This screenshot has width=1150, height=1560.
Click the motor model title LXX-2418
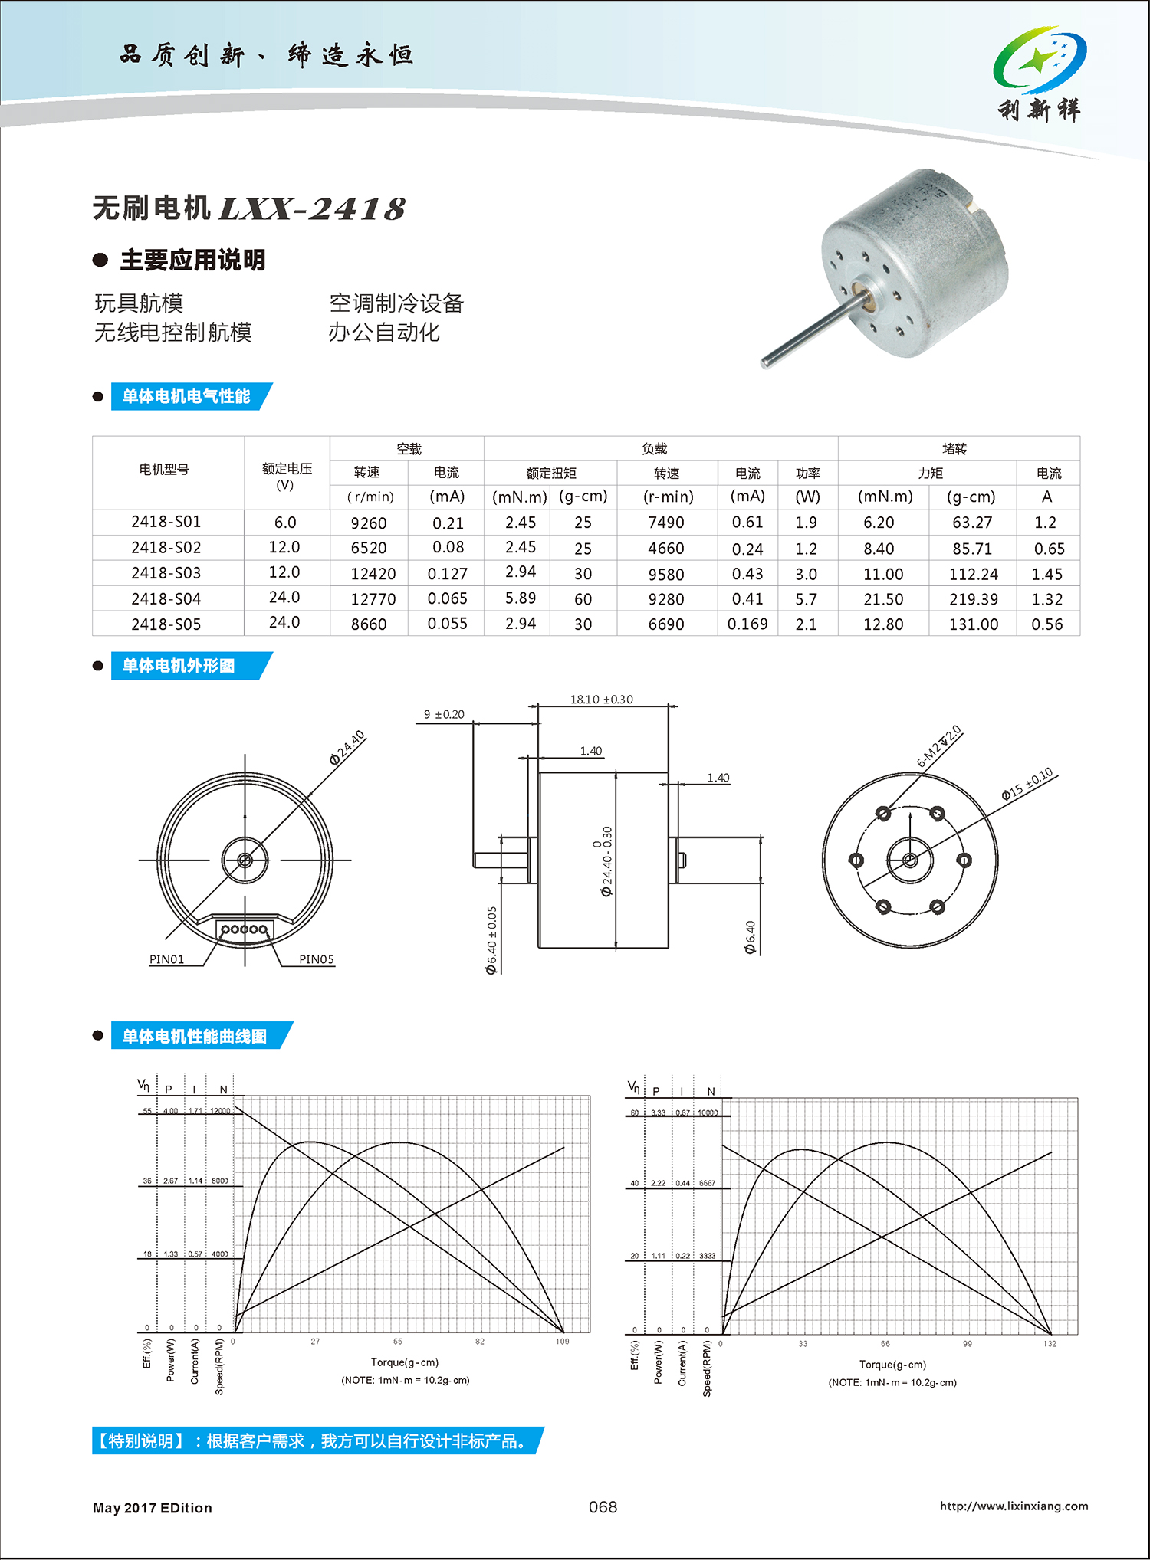pos(312,208)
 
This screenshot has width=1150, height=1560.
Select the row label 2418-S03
pos(166,573)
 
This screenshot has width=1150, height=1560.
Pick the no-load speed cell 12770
pos(373,599)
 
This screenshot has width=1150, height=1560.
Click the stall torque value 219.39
pos(974,599)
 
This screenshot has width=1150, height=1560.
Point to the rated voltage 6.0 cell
pos(285,523)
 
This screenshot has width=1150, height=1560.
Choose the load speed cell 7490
pos(666,523)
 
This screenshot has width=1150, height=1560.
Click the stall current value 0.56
pos(1047,624)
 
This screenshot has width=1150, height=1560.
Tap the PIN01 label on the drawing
pos(166,959)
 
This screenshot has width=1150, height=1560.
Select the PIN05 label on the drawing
pos(317,959)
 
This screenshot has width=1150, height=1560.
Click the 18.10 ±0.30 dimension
pos(602,700)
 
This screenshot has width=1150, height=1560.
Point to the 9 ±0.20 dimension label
pos(445,714)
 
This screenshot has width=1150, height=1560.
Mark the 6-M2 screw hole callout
pos(938,746)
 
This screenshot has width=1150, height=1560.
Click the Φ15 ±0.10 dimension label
pos(1027,785)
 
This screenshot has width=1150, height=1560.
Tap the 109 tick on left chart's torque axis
pos(563,1342)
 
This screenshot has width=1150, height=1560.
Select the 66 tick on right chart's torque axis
pos(886,1344)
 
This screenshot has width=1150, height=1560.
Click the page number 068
pos(603,1507)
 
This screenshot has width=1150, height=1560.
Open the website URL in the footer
pos(1014,1506)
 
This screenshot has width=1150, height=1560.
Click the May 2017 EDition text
pos(153,1508)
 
